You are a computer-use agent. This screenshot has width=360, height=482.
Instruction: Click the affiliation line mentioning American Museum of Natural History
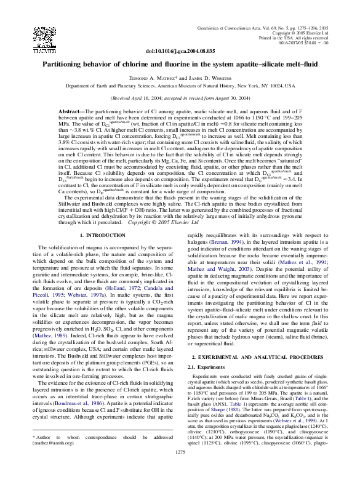180,87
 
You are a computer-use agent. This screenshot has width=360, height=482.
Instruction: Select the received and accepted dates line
180,98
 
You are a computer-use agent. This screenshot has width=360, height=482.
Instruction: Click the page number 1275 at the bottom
180,471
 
